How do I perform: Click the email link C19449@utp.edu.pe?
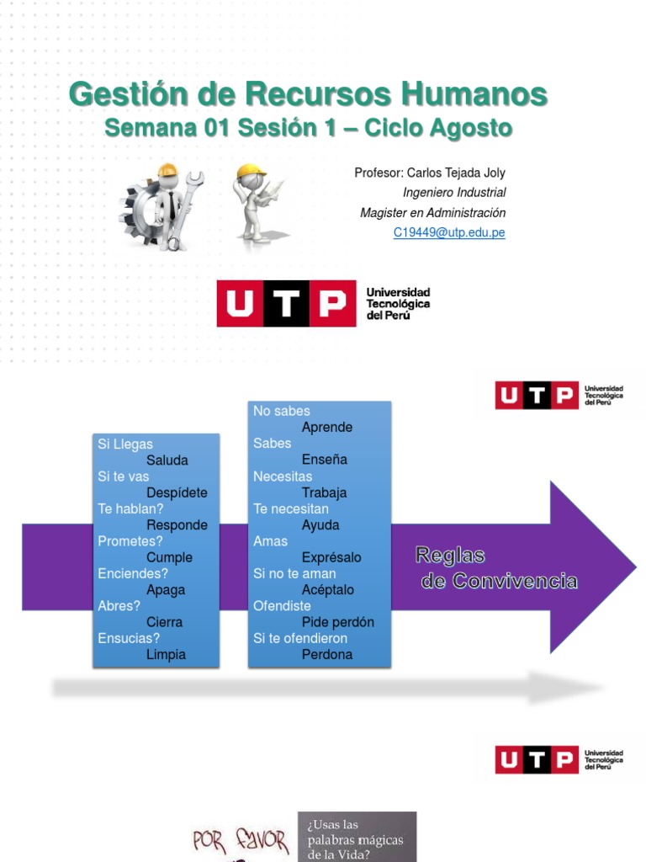point(449,233)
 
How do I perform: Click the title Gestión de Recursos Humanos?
point(308,94)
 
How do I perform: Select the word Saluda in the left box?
point(167,460)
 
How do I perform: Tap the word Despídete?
point(177,492)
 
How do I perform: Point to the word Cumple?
point(169,557)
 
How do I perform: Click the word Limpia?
point(166,654)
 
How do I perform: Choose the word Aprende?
point(327,427)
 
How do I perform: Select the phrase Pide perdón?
point(337,622)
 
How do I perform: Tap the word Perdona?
point(327,654)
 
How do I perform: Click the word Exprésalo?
point(331,557)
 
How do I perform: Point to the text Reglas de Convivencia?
point(497,568)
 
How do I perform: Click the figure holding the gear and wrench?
point(161,207)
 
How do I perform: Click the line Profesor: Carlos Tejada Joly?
point(430,173)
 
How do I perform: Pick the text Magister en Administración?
point(432,213)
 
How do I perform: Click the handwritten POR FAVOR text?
point(241,841)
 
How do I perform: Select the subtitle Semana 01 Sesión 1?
point(308,128)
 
